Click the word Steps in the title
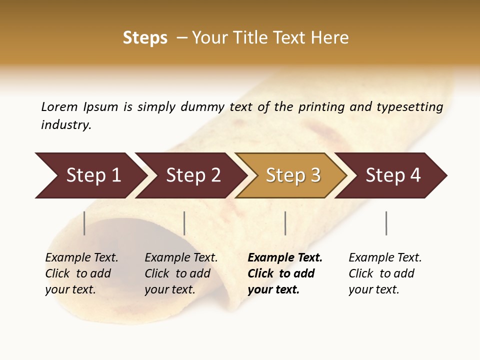click(x=145, y=38)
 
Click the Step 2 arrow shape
click(x=193, y=175)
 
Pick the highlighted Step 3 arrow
click(x=293, y=175)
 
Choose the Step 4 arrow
click(x=393, y=175)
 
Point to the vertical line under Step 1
click(x=84, y=223)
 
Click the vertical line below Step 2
click(x=184, y=223)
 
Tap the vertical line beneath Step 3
click(x=285, y=223)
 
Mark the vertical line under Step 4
click(x=386, y=223)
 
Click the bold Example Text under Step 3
click(x=285, y=273)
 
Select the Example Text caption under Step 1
click(x=81, y=273)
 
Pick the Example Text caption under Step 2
click(x=181, y=273)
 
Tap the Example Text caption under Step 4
click(x=385, y=273)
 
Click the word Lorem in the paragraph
click(x=59, y=106)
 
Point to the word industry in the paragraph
click(x=66, y=125)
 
